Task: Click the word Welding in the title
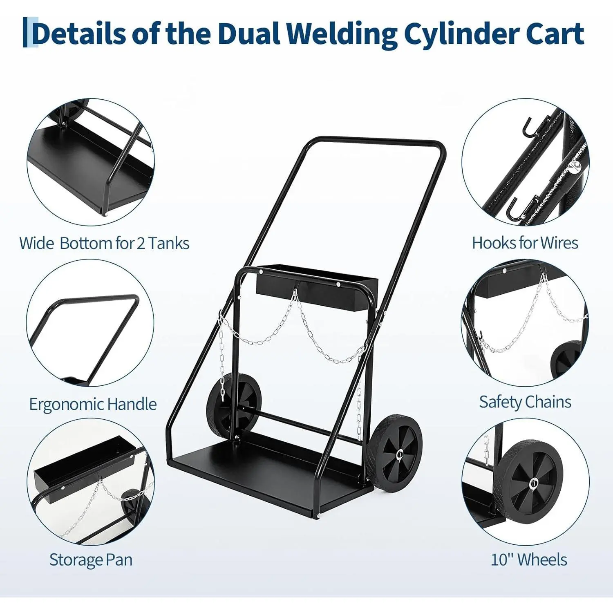point(342,34)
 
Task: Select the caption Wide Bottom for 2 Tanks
point(104,244)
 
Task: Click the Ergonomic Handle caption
point(93,404)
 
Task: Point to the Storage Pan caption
point(91,559)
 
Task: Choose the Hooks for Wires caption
point(525,243)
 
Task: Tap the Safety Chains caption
point(525,402)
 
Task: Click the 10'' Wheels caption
point(528,559)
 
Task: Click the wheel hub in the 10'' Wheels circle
point(532,484)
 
